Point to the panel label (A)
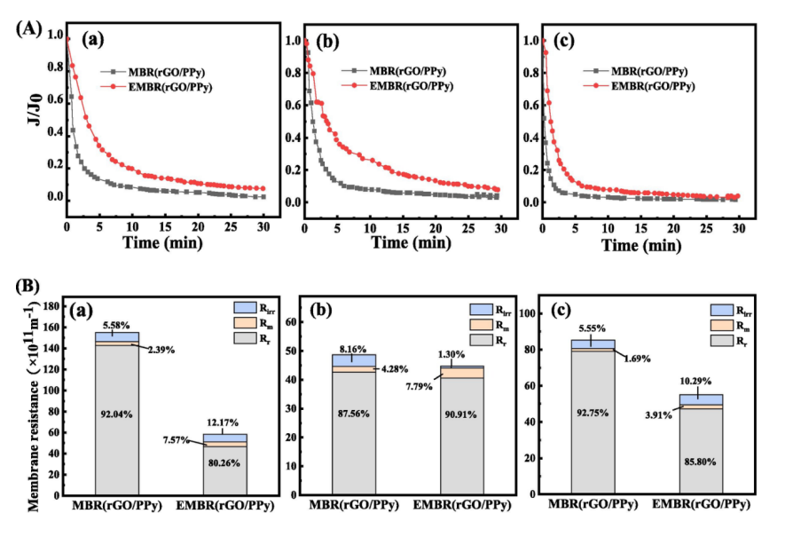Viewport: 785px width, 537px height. tap(28, 28)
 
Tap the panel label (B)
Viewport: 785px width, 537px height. tap(28, 288)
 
